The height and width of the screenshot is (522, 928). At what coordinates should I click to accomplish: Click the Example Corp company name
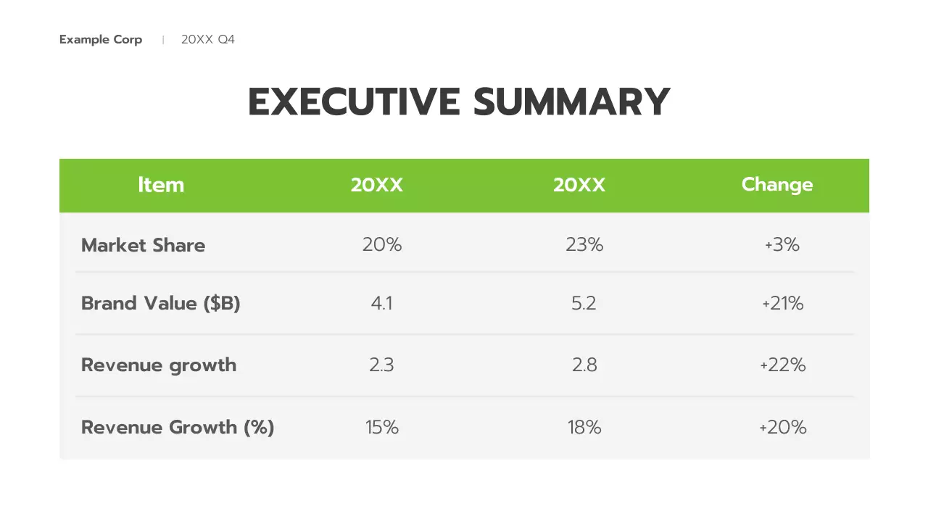pyautogui.click(x=101, y=40)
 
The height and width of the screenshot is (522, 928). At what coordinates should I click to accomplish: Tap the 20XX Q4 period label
pyautogui.click(x=208, y=40)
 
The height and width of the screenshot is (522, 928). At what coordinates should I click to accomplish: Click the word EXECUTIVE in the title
pyautogui.click(x=354, y=102)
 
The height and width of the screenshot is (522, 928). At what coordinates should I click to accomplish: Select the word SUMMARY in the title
pyautogui.click(x=571, y=102)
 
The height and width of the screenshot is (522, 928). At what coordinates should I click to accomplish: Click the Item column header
pyautogui.click(x=161, y=185)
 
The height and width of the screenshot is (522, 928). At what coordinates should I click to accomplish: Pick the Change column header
pyautogui.click(x=777, y=185)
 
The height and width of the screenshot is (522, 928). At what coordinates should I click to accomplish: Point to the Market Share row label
pyautogui.click(x=143, y=245)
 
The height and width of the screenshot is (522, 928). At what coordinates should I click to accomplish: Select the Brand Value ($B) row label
pyautogui.click(x=160, y=303)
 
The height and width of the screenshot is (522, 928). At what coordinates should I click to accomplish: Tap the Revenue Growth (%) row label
pyautogui.click(x=178, y=427)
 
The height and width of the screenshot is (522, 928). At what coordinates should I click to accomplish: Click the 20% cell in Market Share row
pyautogui.click(x=382, y=245)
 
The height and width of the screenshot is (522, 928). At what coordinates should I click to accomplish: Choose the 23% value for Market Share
pyautogui.click(x=584, y=245)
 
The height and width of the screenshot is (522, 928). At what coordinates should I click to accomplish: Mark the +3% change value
pyautogui.click(x=782, y=245)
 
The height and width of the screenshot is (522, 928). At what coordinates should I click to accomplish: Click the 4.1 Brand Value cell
pyautogui.click(x=382, y=303)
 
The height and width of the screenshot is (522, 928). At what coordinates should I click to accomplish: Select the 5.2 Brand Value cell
pyautogui.click(x=584, y=303)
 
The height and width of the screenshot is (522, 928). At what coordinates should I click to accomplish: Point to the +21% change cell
pyautogui.click(x=783, y=303)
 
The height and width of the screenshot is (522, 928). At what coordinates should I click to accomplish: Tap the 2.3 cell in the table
pyautogui.click(x=382, y=365)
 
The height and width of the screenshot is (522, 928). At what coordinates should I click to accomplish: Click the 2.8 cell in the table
pyautogui.click(x=584, y=365)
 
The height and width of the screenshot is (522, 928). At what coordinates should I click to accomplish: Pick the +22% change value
pyautogui.click(x=783, y=365)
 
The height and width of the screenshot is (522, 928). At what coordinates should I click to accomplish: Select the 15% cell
pyautogui.click(x=382, y=427)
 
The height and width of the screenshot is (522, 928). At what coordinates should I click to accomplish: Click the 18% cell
pyautogui.click(x=584, y=427)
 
